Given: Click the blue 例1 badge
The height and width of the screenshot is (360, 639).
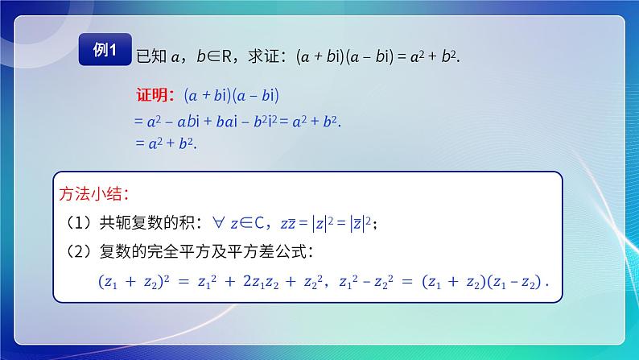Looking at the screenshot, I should [105, 52].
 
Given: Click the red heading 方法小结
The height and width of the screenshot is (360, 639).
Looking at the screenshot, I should [93, 194].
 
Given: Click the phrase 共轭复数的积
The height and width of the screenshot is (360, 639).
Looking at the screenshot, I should [140, 223].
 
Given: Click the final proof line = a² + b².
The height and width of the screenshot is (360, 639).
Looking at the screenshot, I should [165, 143].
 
